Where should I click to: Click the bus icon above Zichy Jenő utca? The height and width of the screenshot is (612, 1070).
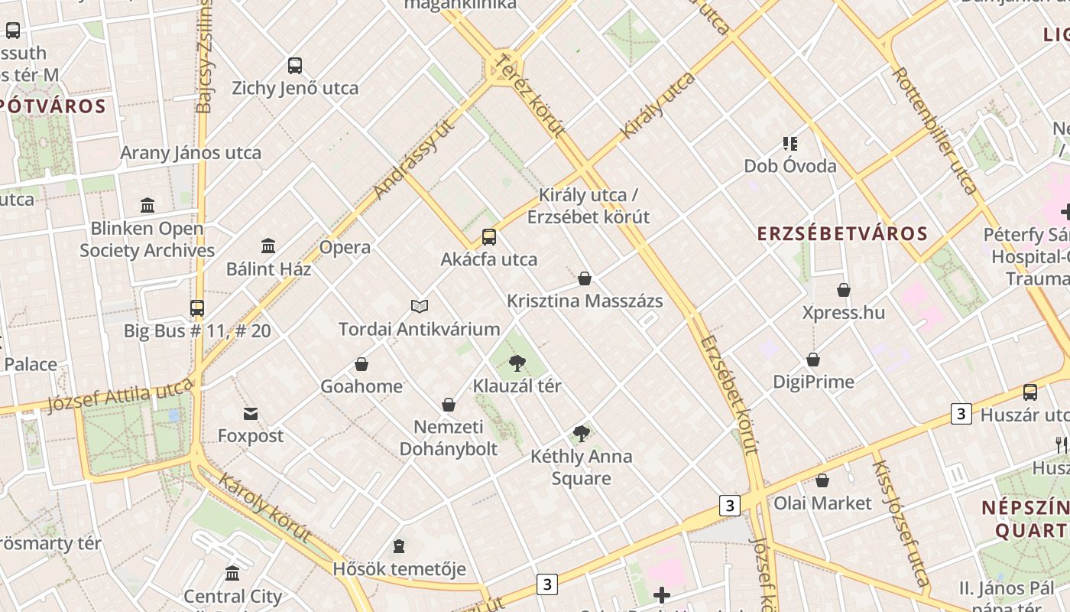pyautogui.click(x=295, y=66)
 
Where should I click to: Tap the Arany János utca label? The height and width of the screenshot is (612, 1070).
pyautogui.click(x=190, y=152)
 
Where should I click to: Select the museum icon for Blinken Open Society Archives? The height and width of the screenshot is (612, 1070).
pyautogui.click(x=148, y=205)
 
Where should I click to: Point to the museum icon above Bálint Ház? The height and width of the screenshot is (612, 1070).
pyautogui.click(x=268, y=246)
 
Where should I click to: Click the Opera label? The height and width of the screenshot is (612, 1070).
pyautogui.click(x=345, y=247)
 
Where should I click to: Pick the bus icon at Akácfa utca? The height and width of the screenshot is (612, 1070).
pyautogui.click(x=489, y=237)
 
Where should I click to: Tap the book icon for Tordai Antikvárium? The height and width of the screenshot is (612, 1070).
pyautogui.click(x=419, y=307)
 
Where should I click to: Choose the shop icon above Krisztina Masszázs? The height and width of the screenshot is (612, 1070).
pyautogui.click(x=585, y=278)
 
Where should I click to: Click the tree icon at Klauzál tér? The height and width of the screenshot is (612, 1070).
pyautogui.click(x=517, y=363)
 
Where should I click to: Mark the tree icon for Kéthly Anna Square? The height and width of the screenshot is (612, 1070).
pyautogui.click(x=582, y=434)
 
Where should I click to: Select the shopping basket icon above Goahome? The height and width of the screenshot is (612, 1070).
pyautogui.click(x=362, y=364)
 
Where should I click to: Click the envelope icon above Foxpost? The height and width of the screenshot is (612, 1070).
pyautogui.click(x=251, y=414)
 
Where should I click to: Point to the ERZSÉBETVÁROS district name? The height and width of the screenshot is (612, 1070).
pyautogui.click(x=842, y=234)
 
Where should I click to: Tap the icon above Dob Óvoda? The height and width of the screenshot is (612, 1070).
pyautogui.click(x=790, y=143)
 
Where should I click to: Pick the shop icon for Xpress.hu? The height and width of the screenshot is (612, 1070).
pyautogui.click(x=844, y=290)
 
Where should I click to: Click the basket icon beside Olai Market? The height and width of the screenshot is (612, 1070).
pyautogui.click(x=822, y=480)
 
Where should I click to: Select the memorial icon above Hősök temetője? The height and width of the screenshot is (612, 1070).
pyautogui.click(x=399, y=546)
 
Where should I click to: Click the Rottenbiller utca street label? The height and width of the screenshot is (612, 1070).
pyautogui.click(x=934, y=130)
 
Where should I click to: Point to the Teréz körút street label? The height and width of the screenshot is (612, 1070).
pyautogui.click(x=530, y=94)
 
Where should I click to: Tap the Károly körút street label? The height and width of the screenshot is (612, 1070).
pyautogui.click(x=264, y=507)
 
